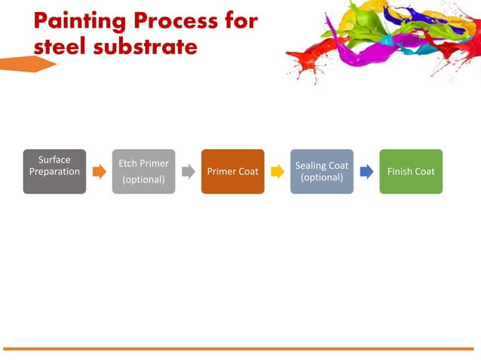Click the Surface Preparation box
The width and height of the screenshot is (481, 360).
tap(54, 172)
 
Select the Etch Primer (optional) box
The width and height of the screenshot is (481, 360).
tap(143, 172)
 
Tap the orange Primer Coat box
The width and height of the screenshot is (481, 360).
tap(232, 172)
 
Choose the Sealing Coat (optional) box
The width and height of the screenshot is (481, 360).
tap(322, 172)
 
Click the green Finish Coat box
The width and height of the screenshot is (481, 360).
tap(411, 172)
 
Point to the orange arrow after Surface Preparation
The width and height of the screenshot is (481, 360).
tap(99, 172)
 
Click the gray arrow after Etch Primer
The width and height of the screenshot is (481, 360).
tap(188, 172)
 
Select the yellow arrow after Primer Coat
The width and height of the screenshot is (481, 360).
tap(277, 172)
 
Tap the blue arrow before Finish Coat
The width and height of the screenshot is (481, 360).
tap(366, 172)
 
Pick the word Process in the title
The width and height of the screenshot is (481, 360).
tap(181, 20)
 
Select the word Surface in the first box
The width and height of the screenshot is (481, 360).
tap(54, 160)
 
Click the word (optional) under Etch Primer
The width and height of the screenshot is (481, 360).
tap(143, 180)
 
